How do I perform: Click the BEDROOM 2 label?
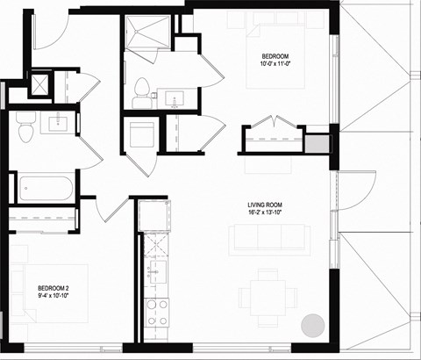(x=55, y=288)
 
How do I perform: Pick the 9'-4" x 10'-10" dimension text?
(x=55, y=297)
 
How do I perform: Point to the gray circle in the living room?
(x=312, y=325)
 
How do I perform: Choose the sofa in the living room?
(x=269, y=238)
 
